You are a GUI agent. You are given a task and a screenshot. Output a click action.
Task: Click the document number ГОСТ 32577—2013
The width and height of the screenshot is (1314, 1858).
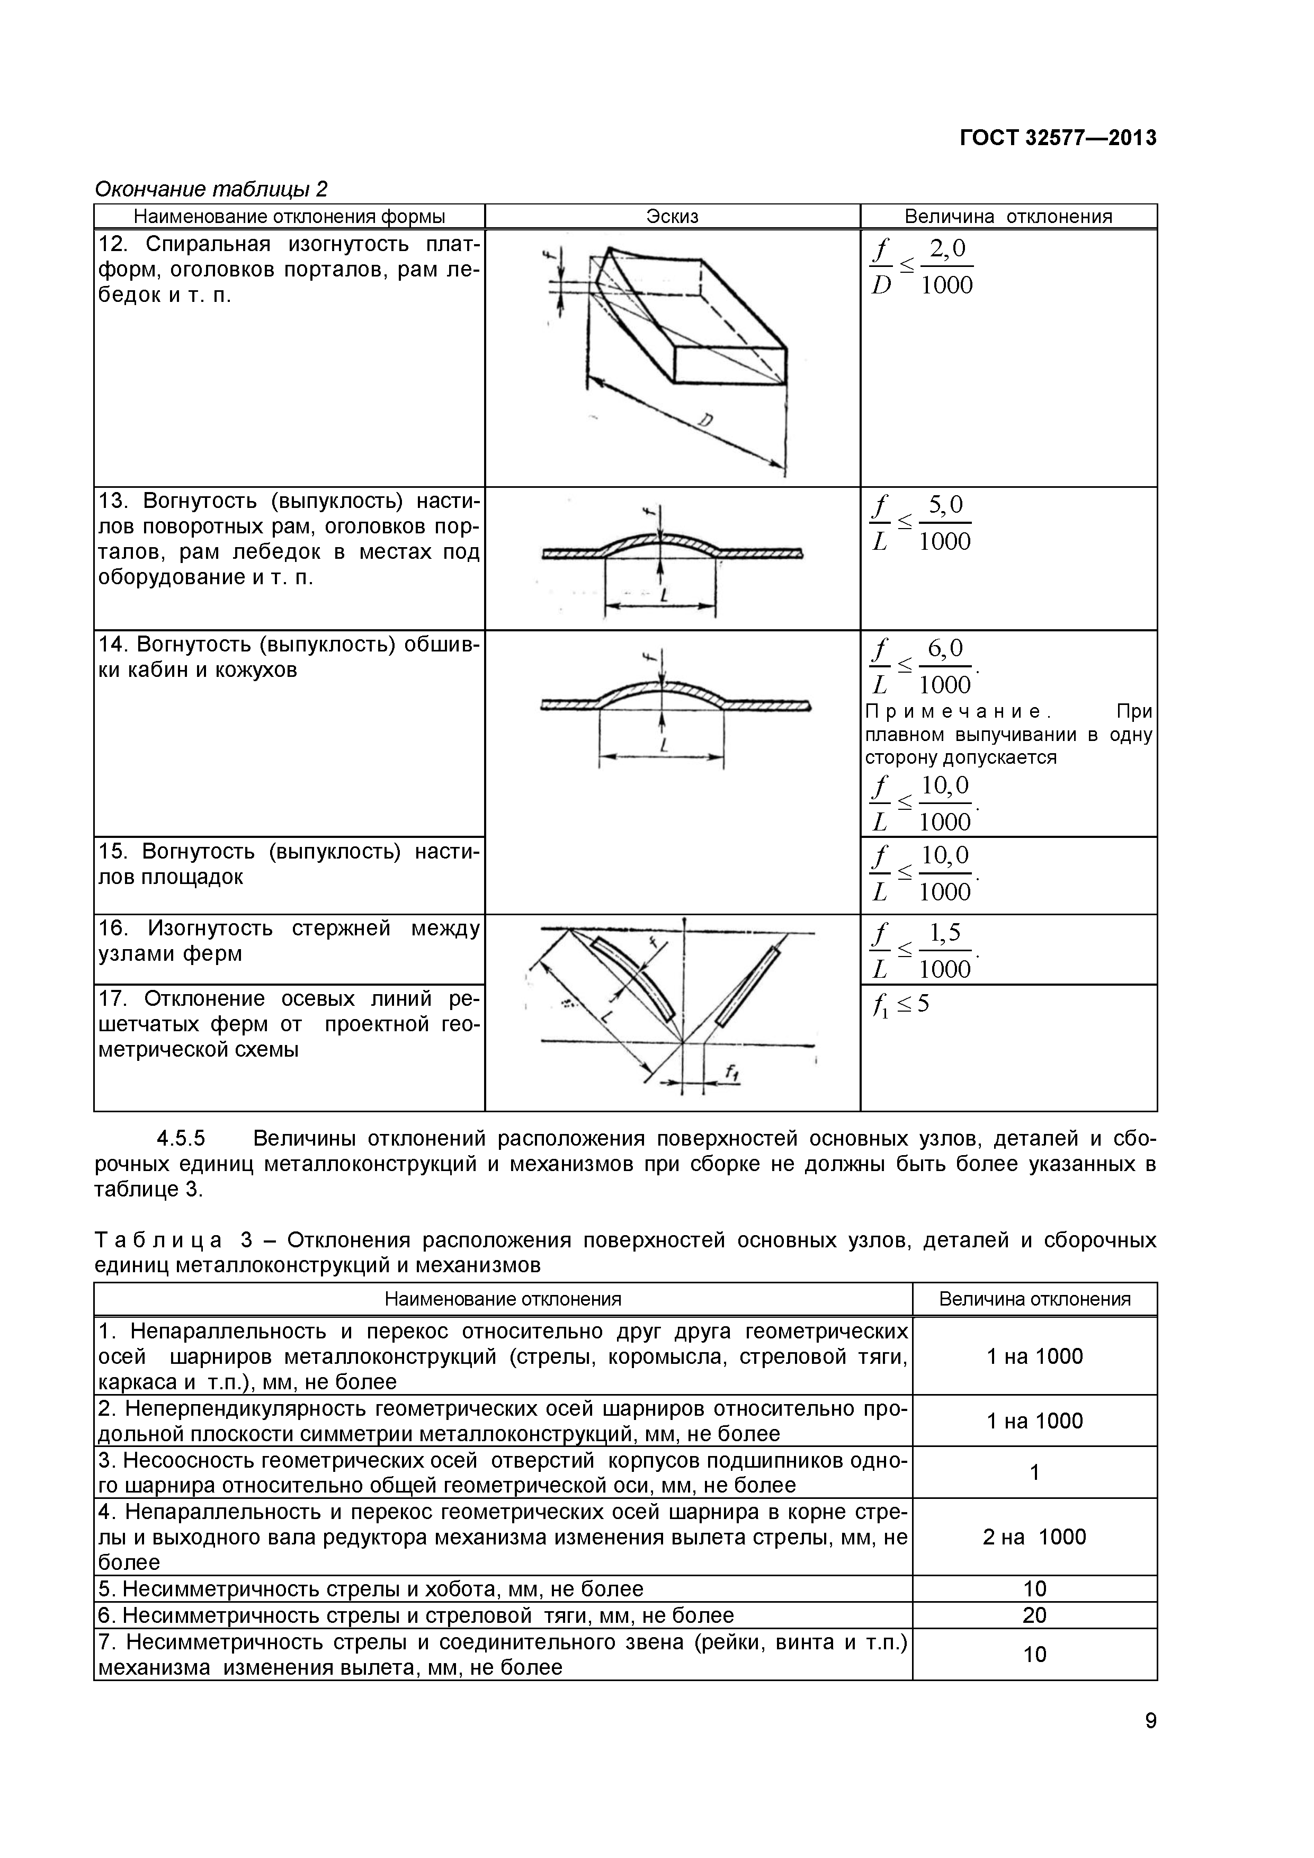(x=1058, y=138)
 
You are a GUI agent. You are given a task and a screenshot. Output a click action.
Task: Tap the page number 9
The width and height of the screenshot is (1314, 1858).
(x=1150, y=1743)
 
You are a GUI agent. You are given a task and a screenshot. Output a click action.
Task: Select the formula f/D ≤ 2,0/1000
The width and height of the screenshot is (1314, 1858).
(x=923, y=266)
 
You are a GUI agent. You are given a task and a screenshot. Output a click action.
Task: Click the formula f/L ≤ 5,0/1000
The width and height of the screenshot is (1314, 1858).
(x=921, y=524)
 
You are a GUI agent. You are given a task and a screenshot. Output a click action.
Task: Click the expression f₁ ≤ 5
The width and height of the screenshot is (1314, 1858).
(x=900, y=1006)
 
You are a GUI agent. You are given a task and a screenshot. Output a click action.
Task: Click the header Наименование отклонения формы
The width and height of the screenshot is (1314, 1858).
(x=289, y=216)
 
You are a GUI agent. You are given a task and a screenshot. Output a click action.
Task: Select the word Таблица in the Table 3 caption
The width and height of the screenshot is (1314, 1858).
(x=158, y=1240)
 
